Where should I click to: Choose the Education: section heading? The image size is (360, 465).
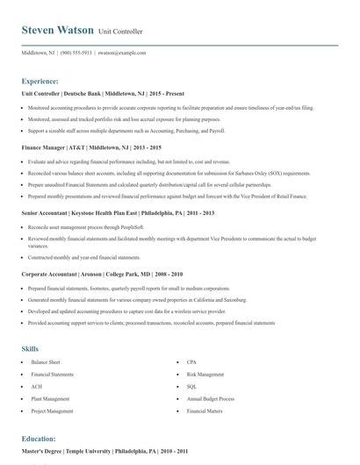tap(39, 438)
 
